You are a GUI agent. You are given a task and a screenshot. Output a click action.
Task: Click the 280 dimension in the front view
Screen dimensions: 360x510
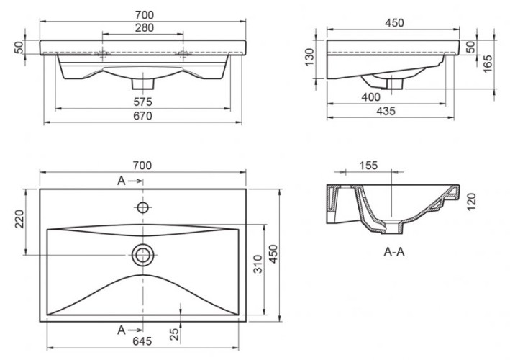(142, 28)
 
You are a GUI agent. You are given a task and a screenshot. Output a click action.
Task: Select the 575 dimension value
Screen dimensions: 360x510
(142, 102)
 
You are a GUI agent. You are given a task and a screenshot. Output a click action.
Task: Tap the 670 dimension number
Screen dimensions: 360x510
(142, 117)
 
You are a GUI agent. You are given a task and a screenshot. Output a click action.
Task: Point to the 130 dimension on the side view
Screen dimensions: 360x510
(310, 56)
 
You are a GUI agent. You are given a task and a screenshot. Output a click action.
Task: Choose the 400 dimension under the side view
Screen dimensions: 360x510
(371, 96)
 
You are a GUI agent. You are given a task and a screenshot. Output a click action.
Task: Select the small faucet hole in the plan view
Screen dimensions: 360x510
(142, 208)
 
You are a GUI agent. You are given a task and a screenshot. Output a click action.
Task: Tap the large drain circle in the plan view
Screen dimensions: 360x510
(142, 253)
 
